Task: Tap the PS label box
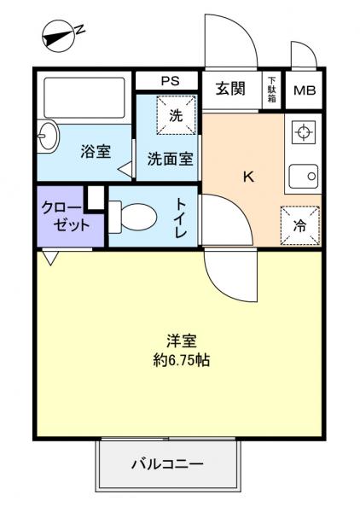(167, 82)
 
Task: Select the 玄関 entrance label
(229, 89)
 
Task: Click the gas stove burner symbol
(303, 132)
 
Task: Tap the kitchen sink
(304, 177)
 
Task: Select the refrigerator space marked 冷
(299, 226)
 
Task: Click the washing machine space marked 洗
(176, 115)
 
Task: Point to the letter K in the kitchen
(248, 177)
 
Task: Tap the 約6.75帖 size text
(179, 360)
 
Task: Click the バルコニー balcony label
(166, 465)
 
